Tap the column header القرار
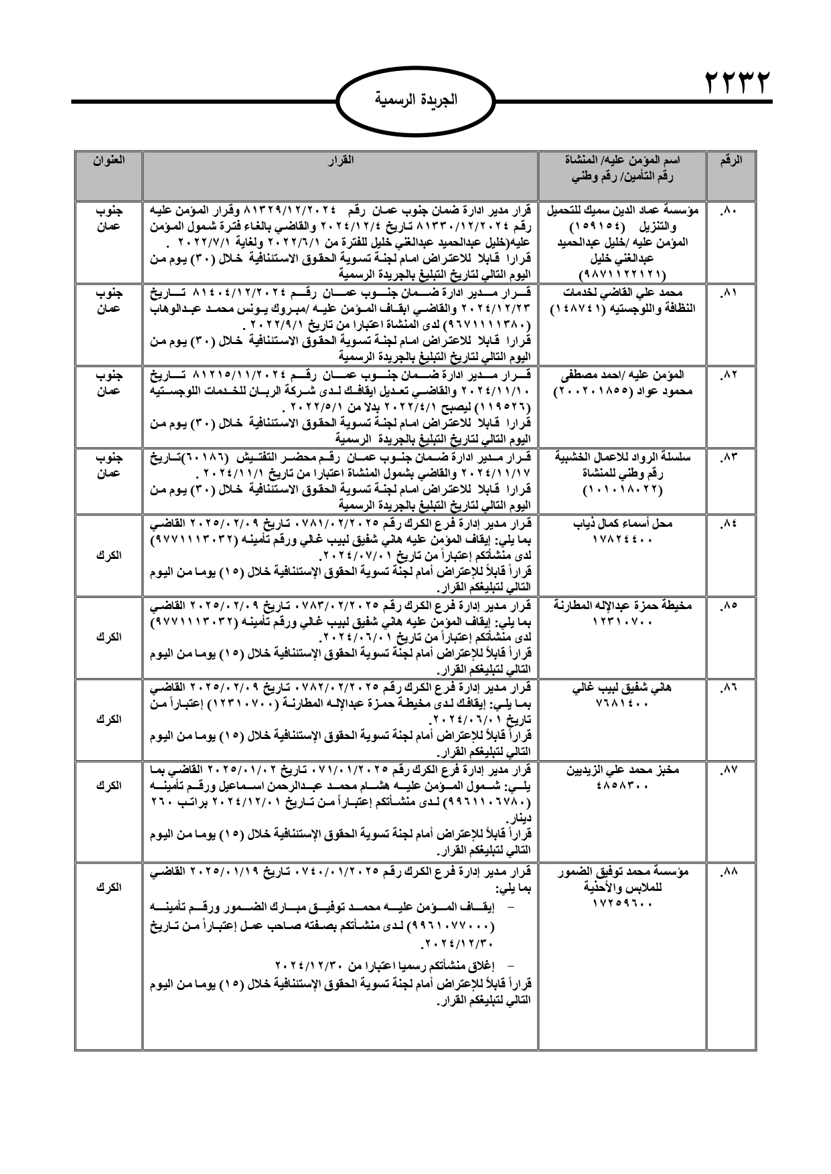pos(341,161)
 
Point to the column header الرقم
pos(731,161)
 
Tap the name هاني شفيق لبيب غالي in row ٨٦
pos(623,688)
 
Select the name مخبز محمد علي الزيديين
pos(623,770)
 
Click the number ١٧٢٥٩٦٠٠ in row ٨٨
pos(623,904)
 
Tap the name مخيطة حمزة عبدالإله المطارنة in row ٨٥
pos(623,606)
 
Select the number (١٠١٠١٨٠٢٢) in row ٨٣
pos(623,490)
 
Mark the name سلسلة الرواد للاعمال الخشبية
pos(623,458)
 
